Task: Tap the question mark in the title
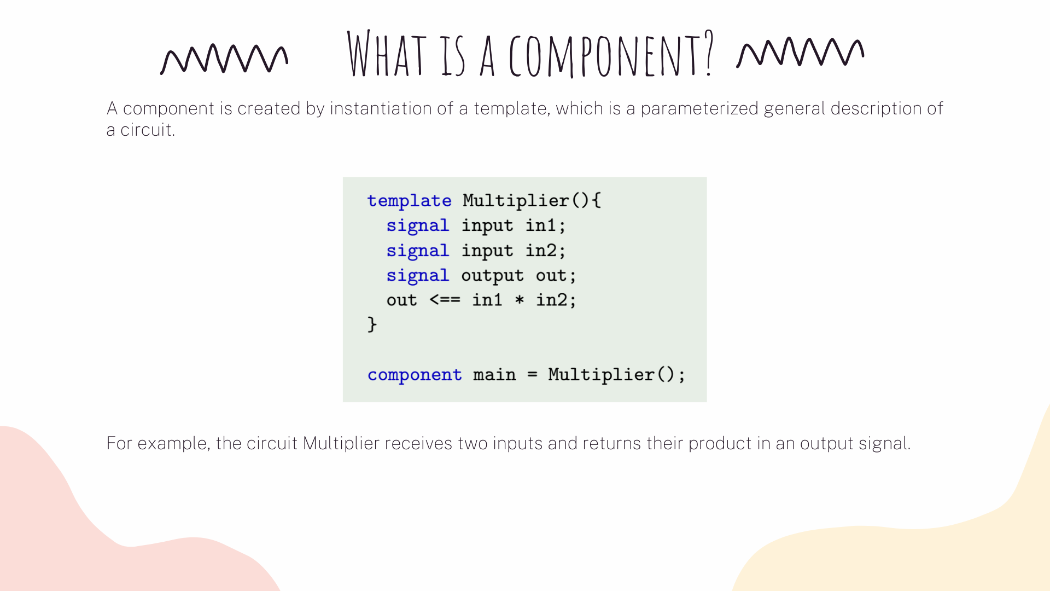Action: [x=709, y=53]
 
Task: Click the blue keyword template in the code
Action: [x=409, y=201]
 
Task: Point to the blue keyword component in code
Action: [x=415, y=375]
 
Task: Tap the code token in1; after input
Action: [x=545, y=225]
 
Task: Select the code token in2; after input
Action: [x=545, y=251]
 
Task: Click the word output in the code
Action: [x=492, y=276]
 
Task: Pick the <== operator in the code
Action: [x=445, y=300]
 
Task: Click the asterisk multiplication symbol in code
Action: [x=520, y=300]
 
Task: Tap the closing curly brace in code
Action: [x=372, y=325]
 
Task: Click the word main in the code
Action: [x=494, y=374]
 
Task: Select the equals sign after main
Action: [x=532, y=375]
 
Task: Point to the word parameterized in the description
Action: [x=699, y=109]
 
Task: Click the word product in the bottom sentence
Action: [x=720, y=444]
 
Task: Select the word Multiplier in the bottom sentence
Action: [x=341, y=443]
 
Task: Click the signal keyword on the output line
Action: [x=418, y=276]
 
